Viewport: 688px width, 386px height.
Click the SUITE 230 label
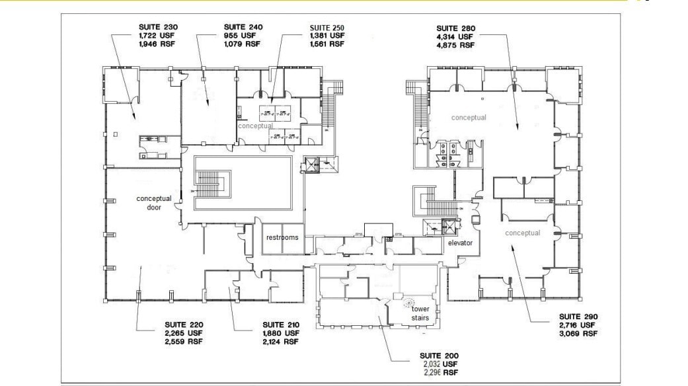pos(157,27)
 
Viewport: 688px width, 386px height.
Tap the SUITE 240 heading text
pos(243,27)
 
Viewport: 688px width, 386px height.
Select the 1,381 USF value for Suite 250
pos(327,36)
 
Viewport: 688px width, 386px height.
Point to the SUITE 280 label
pos(455,28)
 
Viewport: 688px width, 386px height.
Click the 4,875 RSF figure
pos(455,46)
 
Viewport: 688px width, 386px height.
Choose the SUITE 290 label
pos(578,317)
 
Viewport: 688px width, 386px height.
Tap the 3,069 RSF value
pos(578,334)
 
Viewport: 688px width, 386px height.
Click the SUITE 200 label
pos(440,355)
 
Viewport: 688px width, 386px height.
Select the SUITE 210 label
pos(281,325)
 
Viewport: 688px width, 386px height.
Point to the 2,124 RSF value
pos(281,342)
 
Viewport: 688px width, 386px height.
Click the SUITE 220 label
pos(184,325)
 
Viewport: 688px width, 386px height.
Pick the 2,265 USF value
pos(184,333)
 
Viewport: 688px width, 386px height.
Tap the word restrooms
pos(282,237)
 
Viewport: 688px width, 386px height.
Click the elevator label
pos(461,243)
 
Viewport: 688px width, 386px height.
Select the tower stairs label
pos(420,313)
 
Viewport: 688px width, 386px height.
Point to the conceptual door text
pos(153,203)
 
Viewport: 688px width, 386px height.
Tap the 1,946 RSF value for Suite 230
pos(157,44)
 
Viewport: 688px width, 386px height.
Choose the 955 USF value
pos(243,36)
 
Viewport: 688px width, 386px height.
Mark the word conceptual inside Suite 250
pos(255,125)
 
